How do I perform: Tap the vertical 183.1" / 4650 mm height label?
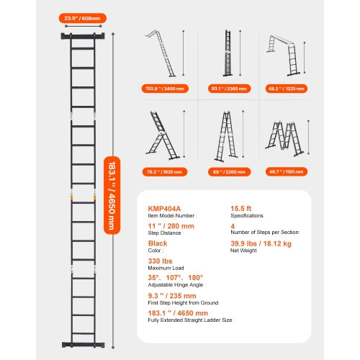(109, 194)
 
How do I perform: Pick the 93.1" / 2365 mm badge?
(228, 89)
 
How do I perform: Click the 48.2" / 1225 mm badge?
(291, 89)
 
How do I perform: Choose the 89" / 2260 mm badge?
(228, 172)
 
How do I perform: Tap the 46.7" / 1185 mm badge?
(291, 172)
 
